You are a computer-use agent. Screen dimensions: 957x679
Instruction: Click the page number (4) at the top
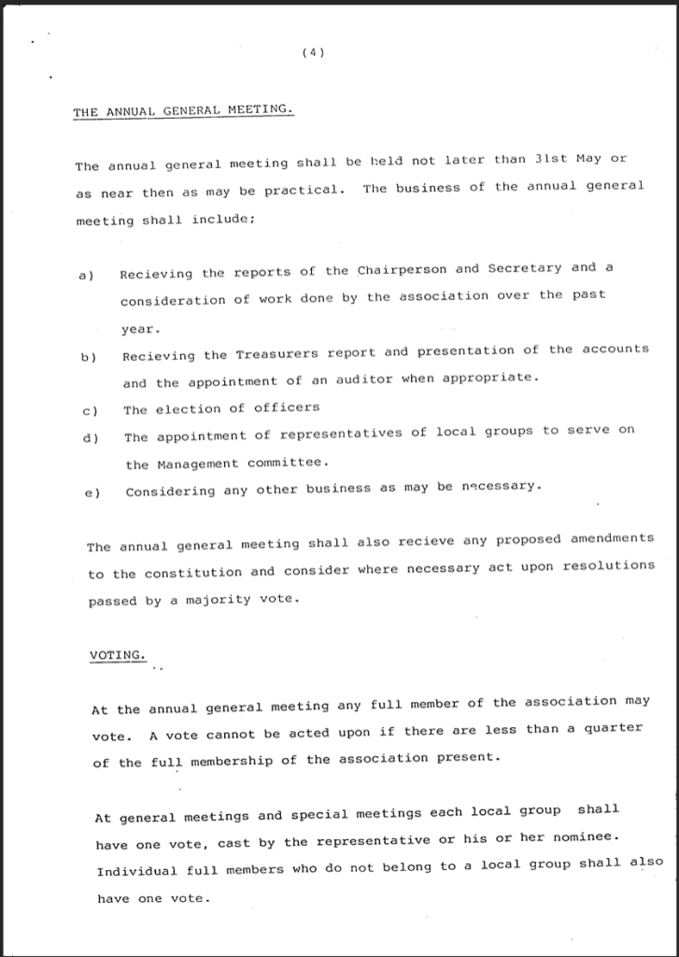coord(314,53)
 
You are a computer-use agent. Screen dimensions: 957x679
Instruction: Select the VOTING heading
coord(118,655)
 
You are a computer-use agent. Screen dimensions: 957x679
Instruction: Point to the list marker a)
coord(87,275)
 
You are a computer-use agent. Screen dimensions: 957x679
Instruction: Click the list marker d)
coord(91,437)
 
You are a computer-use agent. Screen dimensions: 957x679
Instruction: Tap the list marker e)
coord(92,492)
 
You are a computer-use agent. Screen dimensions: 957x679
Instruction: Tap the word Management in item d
coord(196,464)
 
